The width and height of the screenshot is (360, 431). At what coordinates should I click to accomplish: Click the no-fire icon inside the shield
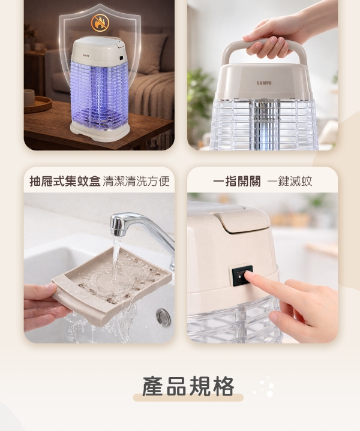click(100, 23)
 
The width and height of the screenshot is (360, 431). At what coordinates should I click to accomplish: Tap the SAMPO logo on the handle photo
click(264, 83)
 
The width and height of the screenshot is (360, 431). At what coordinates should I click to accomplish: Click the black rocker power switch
click(242, 275)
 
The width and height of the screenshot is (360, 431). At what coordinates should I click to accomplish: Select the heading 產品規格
click(188, 386)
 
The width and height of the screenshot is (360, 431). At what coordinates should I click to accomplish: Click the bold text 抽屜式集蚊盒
click(65, 181)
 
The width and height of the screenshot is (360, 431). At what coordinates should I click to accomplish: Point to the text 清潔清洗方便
click(136, 181)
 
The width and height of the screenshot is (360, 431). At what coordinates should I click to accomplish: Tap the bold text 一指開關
click(236, 182)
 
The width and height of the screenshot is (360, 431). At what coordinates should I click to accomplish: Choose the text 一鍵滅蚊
click(290, 182)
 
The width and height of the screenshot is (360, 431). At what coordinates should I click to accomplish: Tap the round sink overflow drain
click(163, 317)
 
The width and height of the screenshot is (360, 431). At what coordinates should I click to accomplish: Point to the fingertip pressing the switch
click(249, 275)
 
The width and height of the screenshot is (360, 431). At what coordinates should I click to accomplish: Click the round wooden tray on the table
click(38, 104)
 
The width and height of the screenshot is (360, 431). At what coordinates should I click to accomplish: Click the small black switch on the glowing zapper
click(121, 58)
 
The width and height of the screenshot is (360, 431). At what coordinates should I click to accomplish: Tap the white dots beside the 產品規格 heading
click(265, 387)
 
